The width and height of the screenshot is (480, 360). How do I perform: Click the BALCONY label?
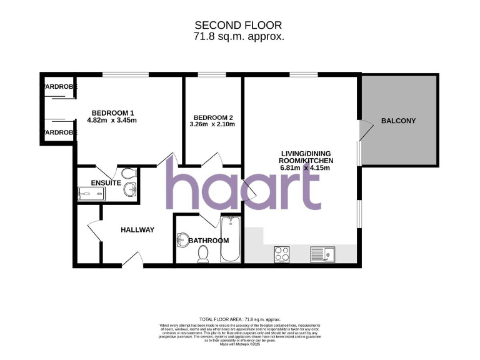(398, 121)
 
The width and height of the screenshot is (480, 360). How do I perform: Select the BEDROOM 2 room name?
(213, 117)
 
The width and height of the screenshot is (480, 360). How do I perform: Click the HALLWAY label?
(137, 229)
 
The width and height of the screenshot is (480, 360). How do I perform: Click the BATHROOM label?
(209, 240)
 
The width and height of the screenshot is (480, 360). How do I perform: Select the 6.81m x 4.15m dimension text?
(306, 168)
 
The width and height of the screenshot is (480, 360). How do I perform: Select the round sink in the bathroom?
(182, 239)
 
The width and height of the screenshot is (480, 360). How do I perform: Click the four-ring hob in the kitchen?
(282, 254)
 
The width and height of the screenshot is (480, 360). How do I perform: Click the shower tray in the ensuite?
(91, 194)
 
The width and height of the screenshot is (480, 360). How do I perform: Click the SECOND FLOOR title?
(238, 25)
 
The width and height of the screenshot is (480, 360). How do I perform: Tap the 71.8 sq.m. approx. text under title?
(238, 36)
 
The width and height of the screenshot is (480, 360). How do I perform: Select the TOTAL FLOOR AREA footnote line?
(240, 319)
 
